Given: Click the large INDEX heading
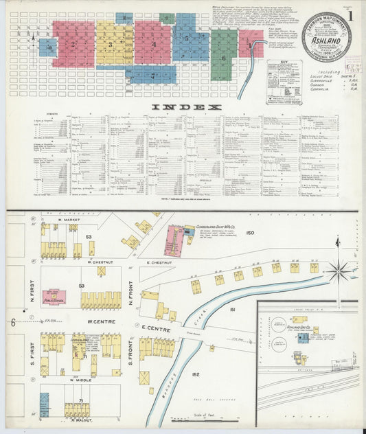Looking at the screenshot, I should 186,107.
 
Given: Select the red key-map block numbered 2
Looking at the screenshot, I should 73,44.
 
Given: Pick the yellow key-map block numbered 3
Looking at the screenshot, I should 112,44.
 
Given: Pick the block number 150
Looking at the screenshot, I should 250,233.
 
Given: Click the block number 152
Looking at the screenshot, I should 195,374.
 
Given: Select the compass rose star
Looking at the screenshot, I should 337,270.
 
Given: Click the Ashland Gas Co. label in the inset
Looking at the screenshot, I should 297,328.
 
